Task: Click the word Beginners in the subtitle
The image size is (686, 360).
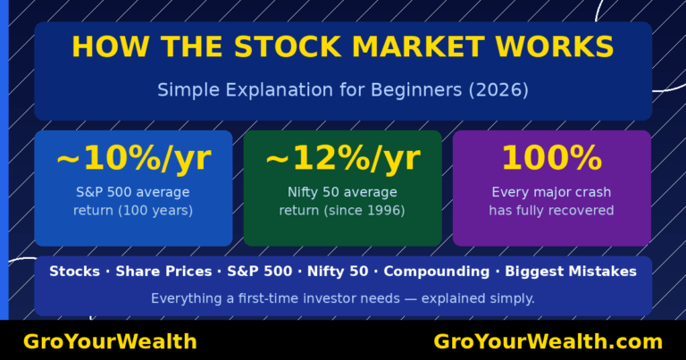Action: [415, 90]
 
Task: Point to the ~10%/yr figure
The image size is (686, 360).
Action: [133, 159]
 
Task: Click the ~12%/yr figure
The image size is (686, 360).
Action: [342, 159]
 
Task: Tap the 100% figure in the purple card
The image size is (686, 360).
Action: [551, 159]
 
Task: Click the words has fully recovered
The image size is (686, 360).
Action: [551, 211]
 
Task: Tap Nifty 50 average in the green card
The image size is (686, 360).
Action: [342, 192]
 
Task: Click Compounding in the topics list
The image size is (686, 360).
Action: [442, 272]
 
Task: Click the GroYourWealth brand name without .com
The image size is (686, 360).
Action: [110, 342]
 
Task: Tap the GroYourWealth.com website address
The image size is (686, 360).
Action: [548, 342]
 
